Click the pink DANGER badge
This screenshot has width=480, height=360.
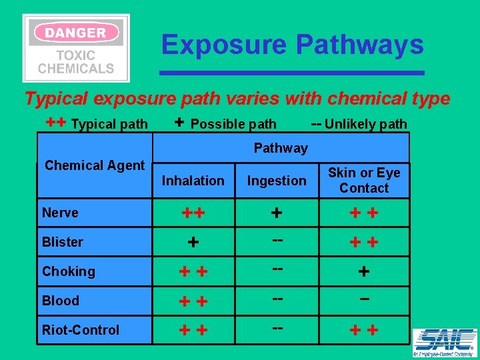pyautogui.click(x=76, y=32)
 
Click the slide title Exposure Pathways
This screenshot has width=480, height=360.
pyautogui.click(x=292, y=45)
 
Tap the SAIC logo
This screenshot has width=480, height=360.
pyautogui.click(x=444, y=341)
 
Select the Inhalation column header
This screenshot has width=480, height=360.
pyautogui.click(x=193, y=181)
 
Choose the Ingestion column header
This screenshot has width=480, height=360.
pyautogui.click(x=277, y=181)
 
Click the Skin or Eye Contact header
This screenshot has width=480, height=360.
pyautogui.click(x=364, y=180)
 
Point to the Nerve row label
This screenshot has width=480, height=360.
pyautogui.click(x=60, y=213)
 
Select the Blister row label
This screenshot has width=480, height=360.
pyautogui.click(x=63, y=242)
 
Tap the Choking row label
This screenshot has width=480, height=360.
pyautogui.click(x=69, y=271)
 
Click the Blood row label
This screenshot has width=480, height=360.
pyautogui.click(x=61, y=301)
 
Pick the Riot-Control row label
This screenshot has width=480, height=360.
pyautogui.click(x=81, y=330)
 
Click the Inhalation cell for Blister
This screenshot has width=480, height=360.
pyautogui.click(x=193, y=243)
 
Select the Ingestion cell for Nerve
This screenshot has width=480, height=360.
pyautogui.click(x=277, y=213)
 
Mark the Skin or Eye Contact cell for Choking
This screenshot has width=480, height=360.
pyautogui.click(x=364, y=272)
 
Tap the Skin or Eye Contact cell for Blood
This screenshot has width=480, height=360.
pyautogui.click(x=364, y=301)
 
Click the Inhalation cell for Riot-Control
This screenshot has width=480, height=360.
pyautogui.click(x=193, y=331)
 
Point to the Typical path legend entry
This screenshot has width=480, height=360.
pyautogui.click(x=97, y=123)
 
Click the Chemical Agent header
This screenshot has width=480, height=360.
pyautogui.click(x=95, y=165)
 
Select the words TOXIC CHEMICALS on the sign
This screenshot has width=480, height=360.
pyautogui.click(x=76, y=62)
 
